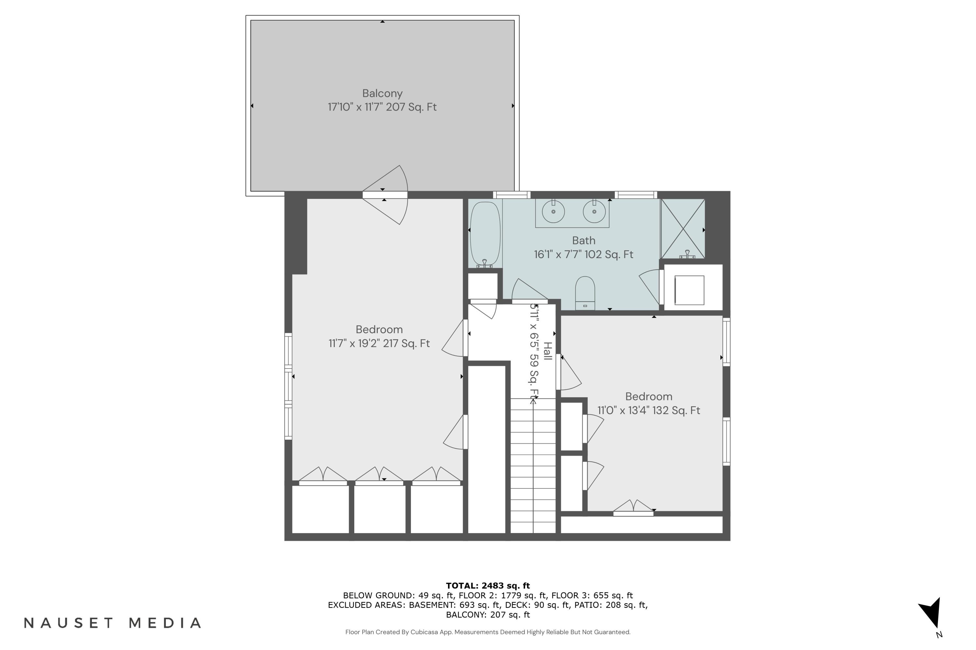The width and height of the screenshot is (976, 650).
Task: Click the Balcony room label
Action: click(x=382, y=93)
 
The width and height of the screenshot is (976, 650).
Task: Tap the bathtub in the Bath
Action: click(x=485, y=233)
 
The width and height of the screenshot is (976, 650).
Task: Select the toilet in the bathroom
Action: click(x=585, y=292)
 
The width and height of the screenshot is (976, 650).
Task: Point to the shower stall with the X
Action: click(x=683, y=229)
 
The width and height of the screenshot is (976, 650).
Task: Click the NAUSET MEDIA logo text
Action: click(x=113, y=623)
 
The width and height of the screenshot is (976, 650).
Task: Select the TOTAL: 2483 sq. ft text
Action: click(x=488, y=586)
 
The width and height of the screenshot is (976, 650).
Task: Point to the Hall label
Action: click(x=547, y=351)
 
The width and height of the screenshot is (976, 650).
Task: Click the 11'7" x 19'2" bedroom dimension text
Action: click(x=379, y=343)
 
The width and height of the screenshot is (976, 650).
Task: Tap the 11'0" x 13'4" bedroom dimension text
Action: click(x=649, y=410)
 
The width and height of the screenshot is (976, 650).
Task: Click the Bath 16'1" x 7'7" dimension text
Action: click(x=583, y=254)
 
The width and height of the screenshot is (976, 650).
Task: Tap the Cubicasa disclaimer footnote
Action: click(x=488, y=632)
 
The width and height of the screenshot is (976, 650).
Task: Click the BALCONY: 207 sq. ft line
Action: click(x=488, y=615)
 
